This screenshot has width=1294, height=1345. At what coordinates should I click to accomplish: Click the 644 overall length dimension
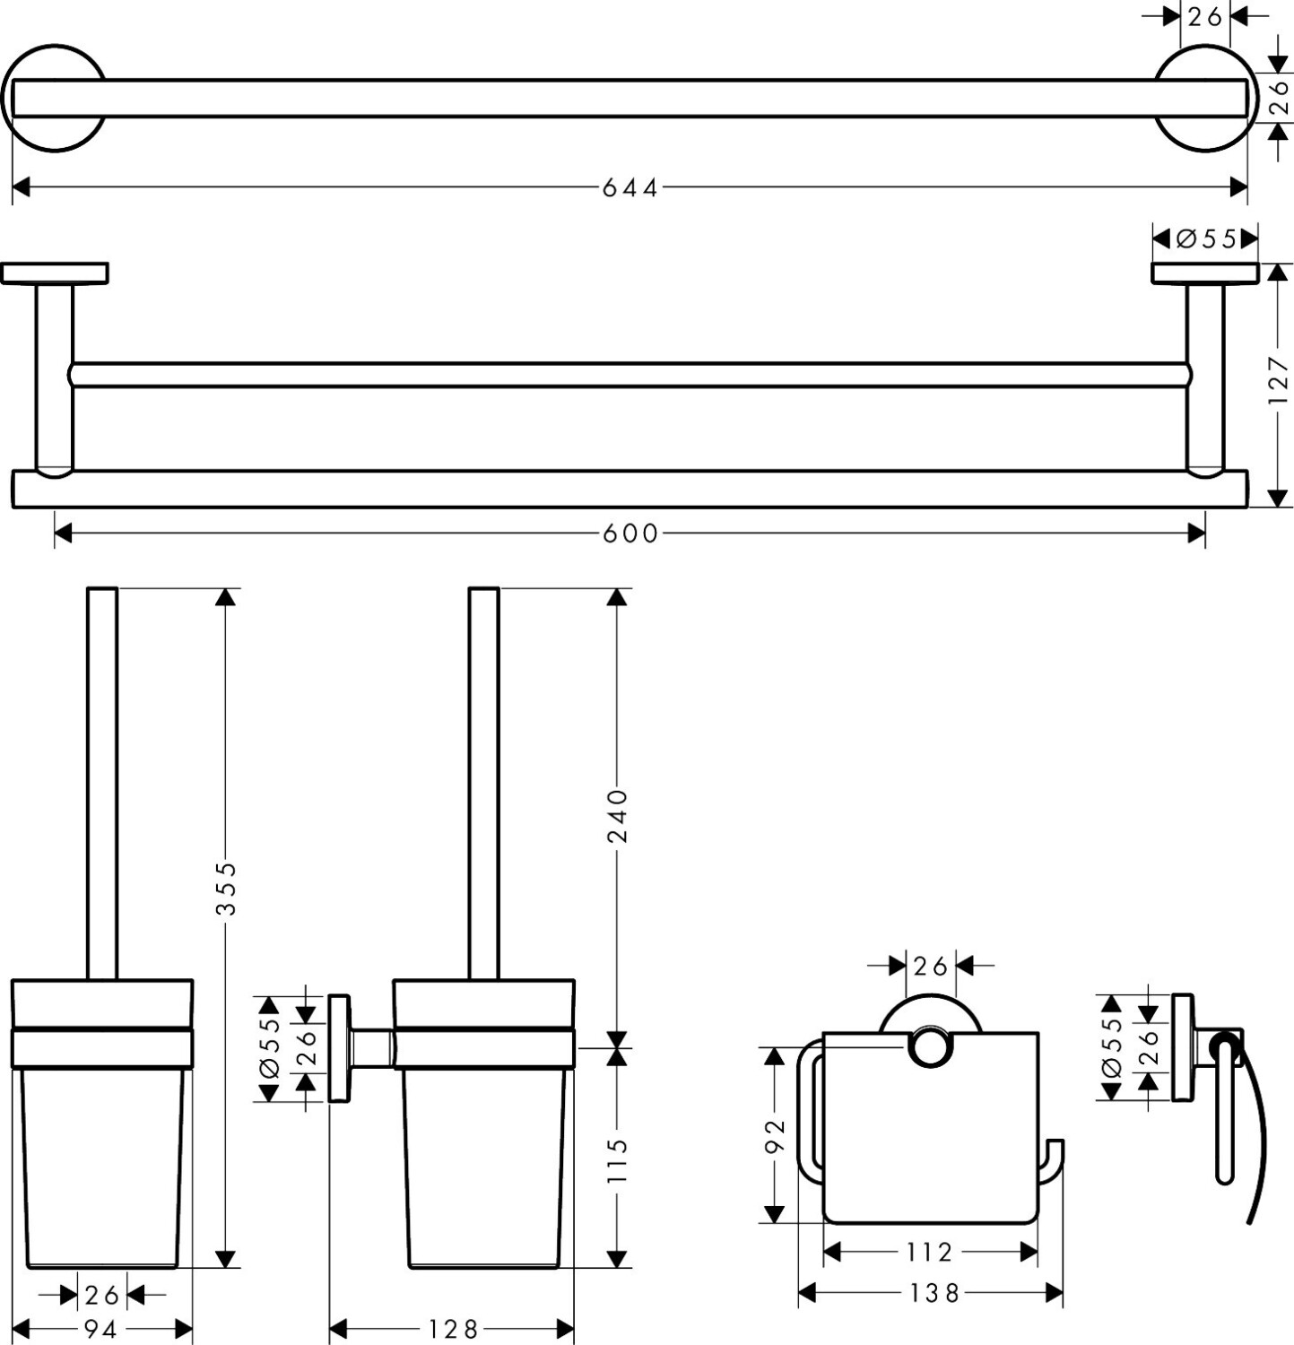(x=630, y=187)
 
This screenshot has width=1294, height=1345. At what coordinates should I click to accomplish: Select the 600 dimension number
(x=630, y=534)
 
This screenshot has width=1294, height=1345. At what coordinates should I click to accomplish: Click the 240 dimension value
(x=618, y=816)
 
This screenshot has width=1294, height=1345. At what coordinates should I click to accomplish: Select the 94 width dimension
(x=100, y=1329)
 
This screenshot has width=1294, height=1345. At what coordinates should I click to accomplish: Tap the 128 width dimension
(x=452, y=1329)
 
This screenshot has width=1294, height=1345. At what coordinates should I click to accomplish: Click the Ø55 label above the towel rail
(x=1205, y=239)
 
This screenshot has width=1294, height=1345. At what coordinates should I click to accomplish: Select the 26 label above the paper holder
(x=930, y=966)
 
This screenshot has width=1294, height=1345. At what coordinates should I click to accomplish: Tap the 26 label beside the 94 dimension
(x=101, y=1295)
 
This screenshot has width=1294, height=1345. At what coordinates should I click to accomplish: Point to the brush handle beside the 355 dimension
(x=102, y=783)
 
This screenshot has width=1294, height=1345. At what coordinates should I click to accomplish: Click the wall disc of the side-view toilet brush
(x=339, y=1047)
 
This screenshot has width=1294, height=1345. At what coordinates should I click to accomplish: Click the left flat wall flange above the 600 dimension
(x=55, y=273)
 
